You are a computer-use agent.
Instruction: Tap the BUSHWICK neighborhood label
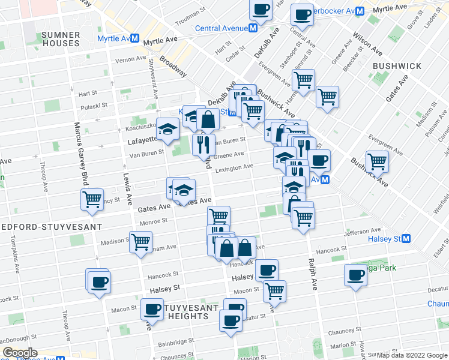(x=396, y=66)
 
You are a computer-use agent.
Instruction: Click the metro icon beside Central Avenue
(x=254, y=28)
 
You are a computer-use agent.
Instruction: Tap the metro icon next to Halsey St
(x=406, y=239)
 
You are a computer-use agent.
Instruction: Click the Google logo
(x=20, y=353)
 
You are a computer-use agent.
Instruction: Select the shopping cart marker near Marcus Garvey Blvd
(x=92, y=199)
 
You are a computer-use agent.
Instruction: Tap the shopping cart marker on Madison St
(x=140, y=242)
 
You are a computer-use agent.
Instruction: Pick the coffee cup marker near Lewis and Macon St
(x=151, y=310)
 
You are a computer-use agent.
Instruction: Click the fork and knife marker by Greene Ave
(x=203, y=144)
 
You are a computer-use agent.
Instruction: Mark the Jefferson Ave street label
(x=363, y=230)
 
